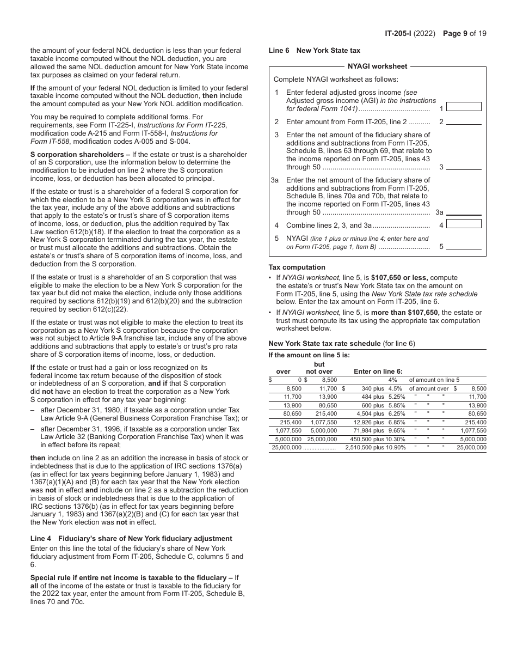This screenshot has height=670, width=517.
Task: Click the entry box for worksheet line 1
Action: [x=464, y=107]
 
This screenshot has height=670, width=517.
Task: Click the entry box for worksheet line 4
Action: [x=464, y=223]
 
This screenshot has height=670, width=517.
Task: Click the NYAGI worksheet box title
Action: [x=377, y=66]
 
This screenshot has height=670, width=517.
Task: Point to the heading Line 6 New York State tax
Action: [x=315, y=51]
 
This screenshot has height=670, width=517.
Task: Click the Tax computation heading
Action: [x=297, y=267]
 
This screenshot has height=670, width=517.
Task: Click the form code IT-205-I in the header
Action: [x=398, y=33]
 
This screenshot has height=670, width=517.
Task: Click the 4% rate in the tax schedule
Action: [x=392, y=380]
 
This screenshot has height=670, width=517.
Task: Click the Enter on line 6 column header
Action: [x=378, y=371]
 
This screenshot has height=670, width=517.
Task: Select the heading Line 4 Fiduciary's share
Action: [x=131, y=539]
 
